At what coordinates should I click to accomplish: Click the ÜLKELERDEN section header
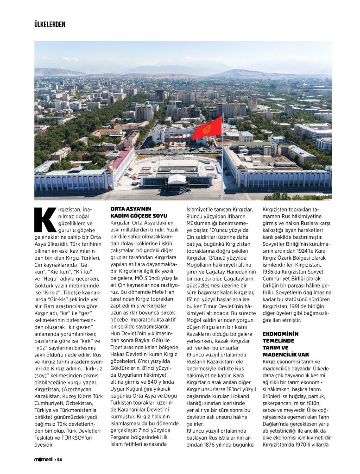50,24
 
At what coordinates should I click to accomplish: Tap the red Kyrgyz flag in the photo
208,128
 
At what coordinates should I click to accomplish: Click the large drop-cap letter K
45,219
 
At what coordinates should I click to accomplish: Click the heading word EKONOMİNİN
281,334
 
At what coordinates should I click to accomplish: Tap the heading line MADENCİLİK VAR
285,354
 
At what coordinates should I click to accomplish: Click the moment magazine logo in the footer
43,460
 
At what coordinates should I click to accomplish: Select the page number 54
59,460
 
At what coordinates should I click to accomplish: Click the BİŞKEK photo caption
322,195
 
